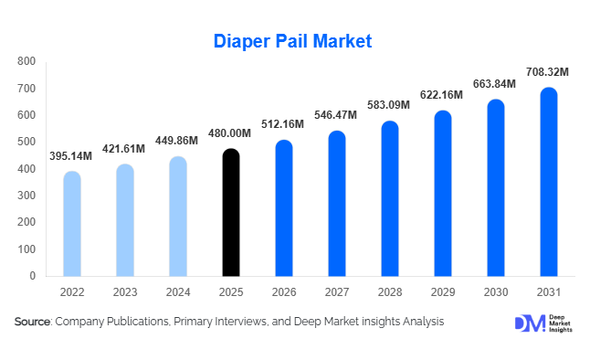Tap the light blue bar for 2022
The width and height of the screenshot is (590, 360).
pyautogui.click(x=71, y=224)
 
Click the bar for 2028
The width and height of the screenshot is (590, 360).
pyautogui.click(x=390, y=198)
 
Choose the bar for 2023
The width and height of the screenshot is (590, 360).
pyautogui.click(x=125, y=220)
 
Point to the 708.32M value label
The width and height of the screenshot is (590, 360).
pyautogui.click(x=548, y=71)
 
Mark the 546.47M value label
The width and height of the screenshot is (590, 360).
pyautogui.click(x=337, y=115)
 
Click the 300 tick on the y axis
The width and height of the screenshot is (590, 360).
pyautogui.click(x=26, y=196)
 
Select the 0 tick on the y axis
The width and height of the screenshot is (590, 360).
pyautogui.click(x=32, y=276)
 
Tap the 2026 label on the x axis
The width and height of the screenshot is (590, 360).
pyautogui.click(x=284, y=291)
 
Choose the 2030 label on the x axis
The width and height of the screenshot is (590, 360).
pyautogui.click(x=495, y=291)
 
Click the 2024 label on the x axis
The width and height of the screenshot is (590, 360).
pyautogui.click(x=178, y=291)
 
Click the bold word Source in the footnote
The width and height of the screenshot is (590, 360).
pyautogui.click(x=33, y=323)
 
